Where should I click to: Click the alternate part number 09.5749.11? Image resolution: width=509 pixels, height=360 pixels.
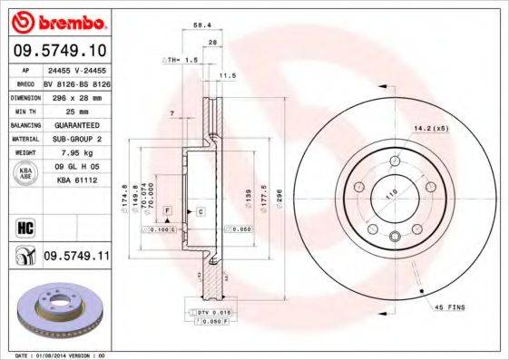76,257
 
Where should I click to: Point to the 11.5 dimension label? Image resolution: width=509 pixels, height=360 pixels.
228,75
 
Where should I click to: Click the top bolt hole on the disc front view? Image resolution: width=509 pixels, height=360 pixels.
395,161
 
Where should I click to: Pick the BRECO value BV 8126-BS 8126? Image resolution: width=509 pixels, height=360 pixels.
75,82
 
